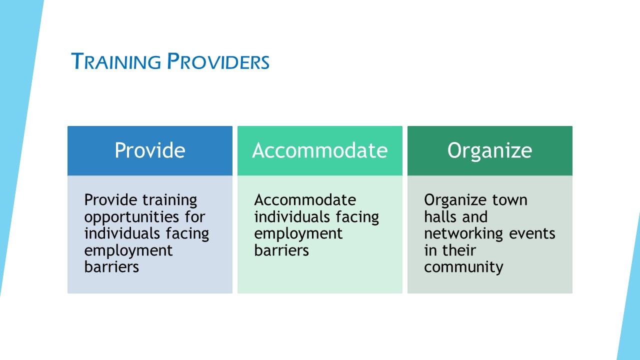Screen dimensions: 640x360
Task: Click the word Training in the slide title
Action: tap(116, 61)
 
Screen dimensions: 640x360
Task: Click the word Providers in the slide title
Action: tap(218, 61)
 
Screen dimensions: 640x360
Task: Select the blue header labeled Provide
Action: tap(150, 150)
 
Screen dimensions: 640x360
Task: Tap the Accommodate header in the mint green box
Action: tap(320, 150)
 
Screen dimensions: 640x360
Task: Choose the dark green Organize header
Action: tap(490, 150)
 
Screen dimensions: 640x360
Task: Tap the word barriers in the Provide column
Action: tap(111, 267)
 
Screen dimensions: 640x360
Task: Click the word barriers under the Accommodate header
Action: tap(281, 250)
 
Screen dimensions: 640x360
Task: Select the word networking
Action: tap(463, 233)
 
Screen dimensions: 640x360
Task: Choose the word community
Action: tap(463, 267)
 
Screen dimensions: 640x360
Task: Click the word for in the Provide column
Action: tap(195, 216)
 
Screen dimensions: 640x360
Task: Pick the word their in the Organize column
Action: tap(459, 250)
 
